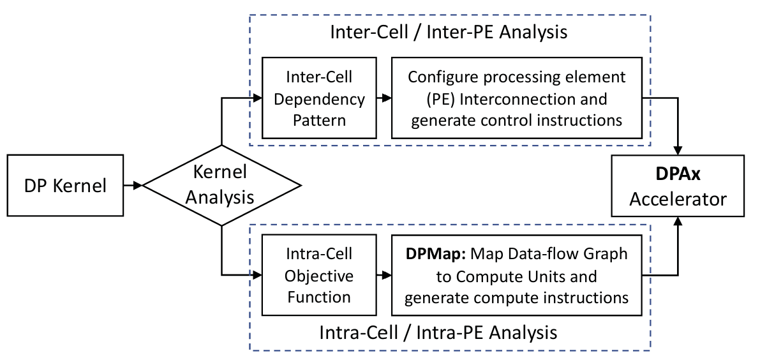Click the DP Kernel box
click(65, 185)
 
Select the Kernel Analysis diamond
click(221, 185)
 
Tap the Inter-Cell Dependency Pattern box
click(319, 98)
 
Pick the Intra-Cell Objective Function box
click(319, 275)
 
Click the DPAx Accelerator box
click(678, 186)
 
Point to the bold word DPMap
click(436, 254)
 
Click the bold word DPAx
click(678, 174)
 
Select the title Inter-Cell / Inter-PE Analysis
click(449, 33)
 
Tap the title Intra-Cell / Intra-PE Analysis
click(438, 333)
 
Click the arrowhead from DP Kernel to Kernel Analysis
click(138, 185)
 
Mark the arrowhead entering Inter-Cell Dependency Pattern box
click(258, 98)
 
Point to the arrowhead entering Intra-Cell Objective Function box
click(258, 274)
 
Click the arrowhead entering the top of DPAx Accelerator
click(678, 151)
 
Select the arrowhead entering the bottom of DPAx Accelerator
click(678, 221)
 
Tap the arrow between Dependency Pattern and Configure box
click(384, 98)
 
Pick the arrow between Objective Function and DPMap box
click(384, 275)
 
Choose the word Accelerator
click(678, 199)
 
